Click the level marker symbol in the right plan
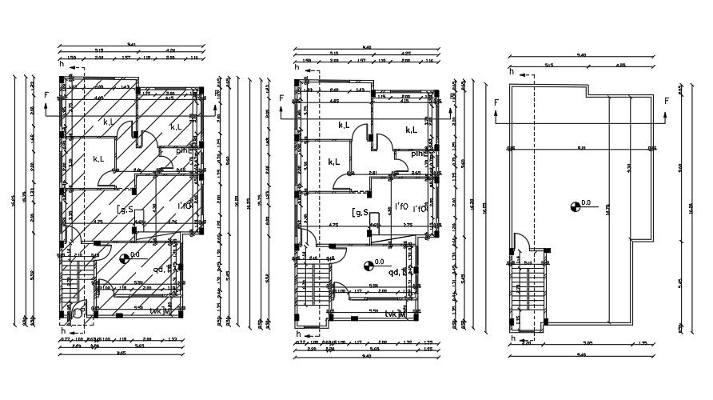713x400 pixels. pos(574,206)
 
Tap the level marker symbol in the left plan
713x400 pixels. pos(124,258)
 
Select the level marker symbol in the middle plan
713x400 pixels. pos(368,265)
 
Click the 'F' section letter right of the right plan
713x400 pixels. pos(666,102)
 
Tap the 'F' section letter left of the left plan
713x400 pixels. pos(46,95)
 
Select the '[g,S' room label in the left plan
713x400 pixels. pos(125,210)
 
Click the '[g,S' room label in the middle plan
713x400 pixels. pos(360,212)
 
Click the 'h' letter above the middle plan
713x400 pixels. pos(297,69)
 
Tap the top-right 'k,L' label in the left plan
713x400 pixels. pos(175,126)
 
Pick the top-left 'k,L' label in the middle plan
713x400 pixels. pos(345,125)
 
